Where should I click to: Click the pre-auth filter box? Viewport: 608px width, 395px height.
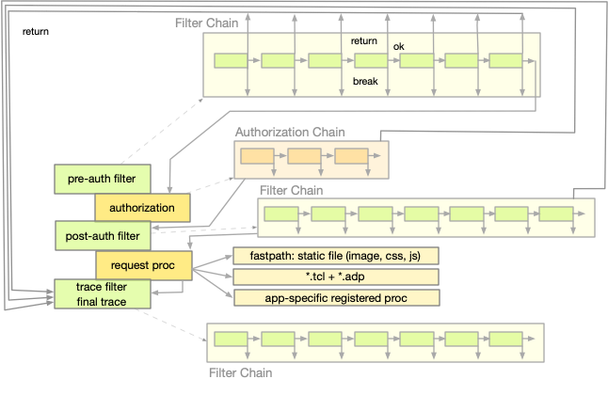coord(101,178)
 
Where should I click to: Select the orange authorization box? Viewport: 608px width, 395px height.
coord(142,207)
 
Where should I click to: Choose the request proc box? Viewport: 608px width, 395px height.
coord(143,264)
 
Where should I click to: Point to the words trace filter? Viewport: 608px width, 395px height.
coord(102,286)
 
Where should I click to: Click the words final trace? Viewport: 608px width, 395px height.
coord(102,301)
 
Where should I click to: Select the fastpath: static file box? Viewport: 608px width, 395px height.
coord(336,256)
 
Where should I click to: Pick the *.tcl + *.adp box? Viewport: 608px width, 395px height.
coord(336,276)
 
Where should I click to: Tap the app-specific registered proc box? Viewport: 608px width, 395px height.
coord(336,298)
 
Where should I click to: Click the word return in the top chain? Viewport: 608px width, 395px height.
coord(364,41)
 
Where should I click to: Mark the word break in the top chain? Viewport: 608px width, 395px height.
coord(365,82)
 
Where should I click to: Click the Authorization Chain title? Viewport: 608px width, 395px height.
coord(289,133)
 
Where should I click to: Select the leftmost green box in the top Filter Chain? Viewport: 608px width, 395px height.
coord(231,61)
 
